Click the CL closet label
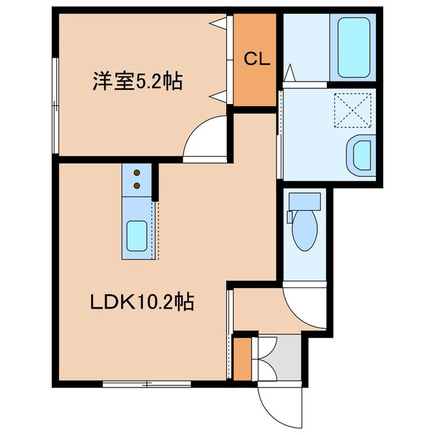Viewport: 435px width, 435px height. [257, 59]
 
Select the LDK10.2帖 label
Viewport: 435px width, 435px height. [142, 301]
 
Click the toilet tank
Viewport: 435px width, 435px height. [304, 201]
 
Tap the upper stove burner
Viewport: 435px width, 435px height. [136, 173]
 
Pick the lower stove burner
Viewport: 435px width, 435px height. [136, 184]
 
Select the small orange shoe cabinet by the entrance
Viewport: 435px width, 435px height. [242, 359]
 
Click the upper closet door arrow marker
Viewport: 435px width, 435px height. [218, 24]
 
